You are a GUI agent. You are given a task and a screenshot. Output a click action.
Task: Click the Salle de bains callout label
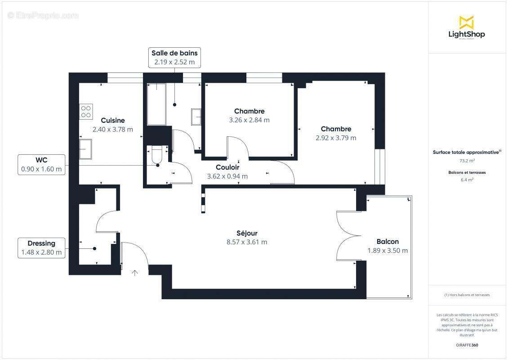click(x=174, y=58)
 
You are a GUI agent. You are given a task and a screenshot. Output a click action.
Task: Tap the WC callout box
click(x=41, y=165)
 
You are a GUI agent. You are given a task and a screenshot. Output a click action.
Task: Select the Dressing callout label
click(x=41, y=248)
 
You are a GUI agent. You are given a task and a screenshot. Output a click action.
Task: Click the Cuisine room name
click(x=113, y=120)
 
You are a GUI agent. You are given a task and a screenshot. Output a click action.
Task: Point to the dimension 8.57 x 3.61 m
click(x=247, y=242)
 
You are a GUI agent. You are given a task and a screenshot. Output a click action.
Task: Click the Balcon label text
click(x=388, y=242)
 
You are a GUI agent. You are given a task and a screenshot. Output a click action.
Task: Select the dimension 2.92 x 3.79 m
click(x=336, y=138)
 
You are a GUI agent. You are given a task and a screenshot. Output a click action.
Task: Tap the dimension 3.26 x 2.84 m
click(x=249, y=120)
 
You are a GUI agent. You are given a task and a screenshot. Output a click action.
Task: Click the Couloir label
click(x=227, y=167)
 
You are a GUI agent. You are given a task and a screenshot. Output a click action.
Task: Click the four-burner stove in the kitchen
click(x=86, y=111)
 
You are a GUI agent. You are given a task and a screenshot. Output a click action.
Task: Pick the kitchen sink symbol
click(x=85, y=149)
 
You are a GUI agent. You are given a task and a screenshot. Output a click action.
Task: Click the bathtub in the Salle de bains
click(x=156, y=104)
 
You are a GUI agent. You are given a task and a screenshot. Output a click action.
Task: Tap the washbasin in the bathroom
click(x=196, y=117)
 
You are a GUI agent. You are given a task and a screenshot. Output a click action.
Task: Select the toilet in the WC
click(x=156, y=156)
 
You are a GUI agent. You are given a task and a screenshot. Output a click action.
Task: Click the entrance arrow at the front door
click(x=134, y=272)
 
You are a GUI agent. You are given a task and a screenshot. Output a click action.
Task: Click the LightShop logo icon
click(x=466, y=22)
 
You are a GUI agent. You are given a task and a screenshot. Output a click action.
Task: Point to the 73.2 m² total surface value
click(x=467, y=160)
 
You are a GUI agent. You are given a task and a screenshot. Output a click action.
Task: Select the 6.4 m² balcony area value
click(x=467, y=180)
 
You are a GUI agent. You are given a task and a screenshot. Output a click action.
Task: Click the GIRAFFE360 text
click(x=467, y=345)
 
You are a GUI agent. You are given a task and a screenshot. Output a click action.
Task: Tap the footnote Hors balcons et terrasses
click(x=467, y=295)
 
